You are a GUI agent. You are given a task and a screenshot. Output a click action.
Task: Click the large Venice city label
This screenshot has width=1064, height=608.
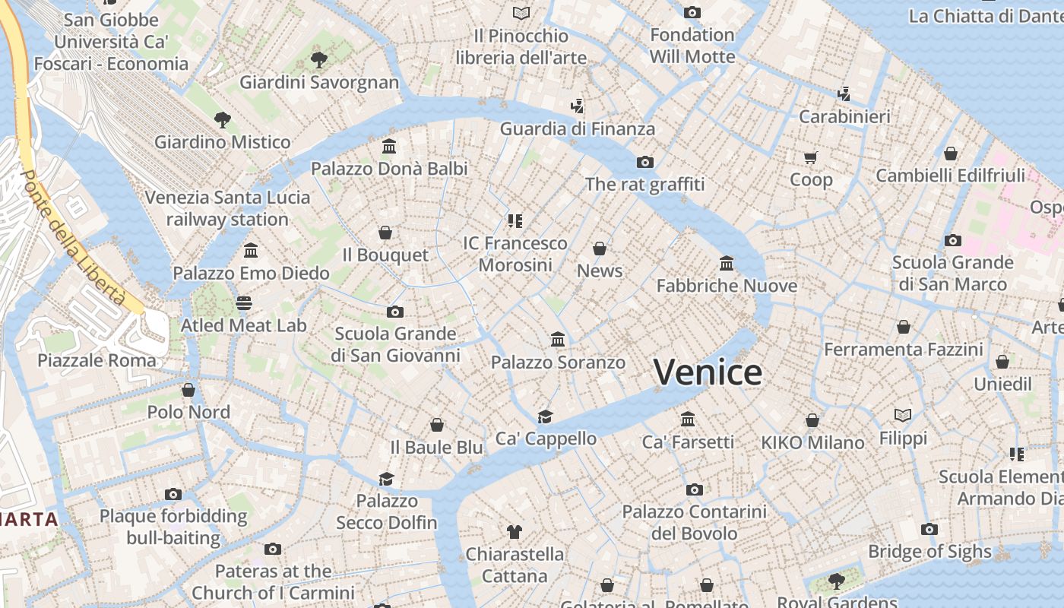coord(708,372)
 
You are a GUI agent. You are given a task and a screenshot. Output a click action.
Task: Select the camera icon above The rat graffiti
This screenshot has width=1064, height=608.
coord(645,162)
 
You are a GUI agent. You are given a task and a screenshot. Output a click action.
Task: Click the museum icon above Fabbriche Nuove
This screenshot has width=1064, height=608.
coord(727,264)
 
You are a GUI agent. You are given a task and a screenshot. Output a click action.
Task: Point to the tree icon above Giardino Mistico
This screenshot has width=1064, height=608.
coord(222,119)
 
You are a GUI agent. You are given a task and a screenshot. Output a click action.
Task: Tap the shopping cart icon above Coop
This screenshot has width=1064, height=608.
coord(811,158)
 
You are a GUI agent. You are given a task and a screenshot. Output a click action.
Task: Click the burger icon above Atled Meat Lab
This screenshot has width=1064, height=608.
coord(244,303)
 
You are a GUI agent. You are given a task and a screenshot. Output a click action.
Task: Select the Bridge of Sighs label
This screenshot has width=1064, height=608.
coord(929,552)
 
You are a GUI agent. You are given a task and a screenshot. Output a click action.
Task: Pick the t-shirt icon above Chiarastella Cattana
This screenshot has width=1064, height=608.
coord(515,531)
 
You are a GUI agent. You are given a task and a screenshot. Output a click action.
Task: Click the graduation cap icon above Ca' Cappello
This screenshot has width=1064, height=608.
coord(546,416)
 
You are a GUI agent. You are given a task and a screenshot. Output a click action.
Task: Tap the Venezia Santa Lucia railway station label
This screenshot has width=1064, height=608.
coord(227,208)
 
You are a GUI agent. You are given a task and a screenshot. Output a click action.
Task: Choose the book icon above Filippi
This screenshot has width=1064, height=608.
coord(903,416)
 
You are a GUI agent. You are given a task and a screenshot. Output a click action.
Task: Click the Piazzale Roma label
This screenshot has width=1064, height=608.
coord(97,360)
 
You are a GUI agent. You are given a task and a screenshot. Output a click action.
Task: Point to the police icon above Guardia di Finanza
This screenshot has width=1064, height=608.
coord(578,106)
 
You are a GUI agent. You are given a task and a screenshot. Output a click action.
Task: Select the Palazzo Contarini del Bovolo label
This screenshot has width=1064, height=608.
coord(694,523)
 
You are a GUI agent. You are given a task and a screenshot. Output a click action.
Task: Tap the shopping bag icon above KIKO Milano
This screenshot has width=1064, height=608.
coord(812,420)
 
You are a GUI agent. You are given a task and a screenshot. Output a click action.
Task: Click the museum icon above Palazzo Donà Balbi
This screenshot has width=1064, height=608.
coord(389,146)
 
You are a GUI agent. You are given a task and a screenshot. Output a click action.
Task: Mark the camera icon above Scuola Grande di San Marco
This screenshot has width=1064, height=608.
coord(952,241)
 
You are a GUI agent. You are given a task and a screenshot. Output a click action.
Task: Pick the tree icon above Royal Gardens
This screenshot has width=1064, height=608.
coord(836,582)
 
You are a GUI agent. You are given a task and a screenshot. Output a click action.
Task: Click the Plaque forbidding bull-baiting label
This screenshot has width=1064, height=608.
coord(173,527)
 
